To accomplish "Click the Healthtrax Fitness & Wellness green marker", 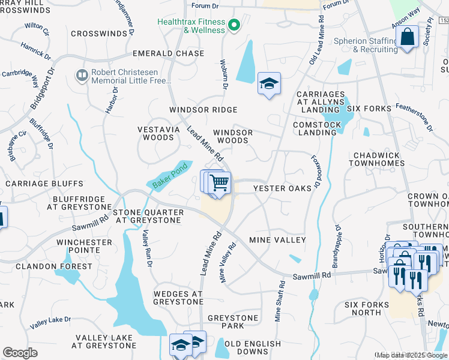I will (235, 25).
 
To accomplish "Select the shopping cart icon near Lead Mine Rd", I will (220, 182).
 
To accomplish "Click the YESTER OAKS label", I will (282, 188).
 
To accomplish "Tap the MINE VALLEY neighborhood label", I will (277, 240).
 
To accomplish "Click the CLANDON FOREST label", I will (54, 266).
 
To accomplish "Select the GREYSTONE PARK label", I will (233, 322).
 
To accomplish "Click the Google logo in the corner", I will (20, 353).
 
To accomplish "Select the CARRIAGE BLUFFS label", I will (44, 183).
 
